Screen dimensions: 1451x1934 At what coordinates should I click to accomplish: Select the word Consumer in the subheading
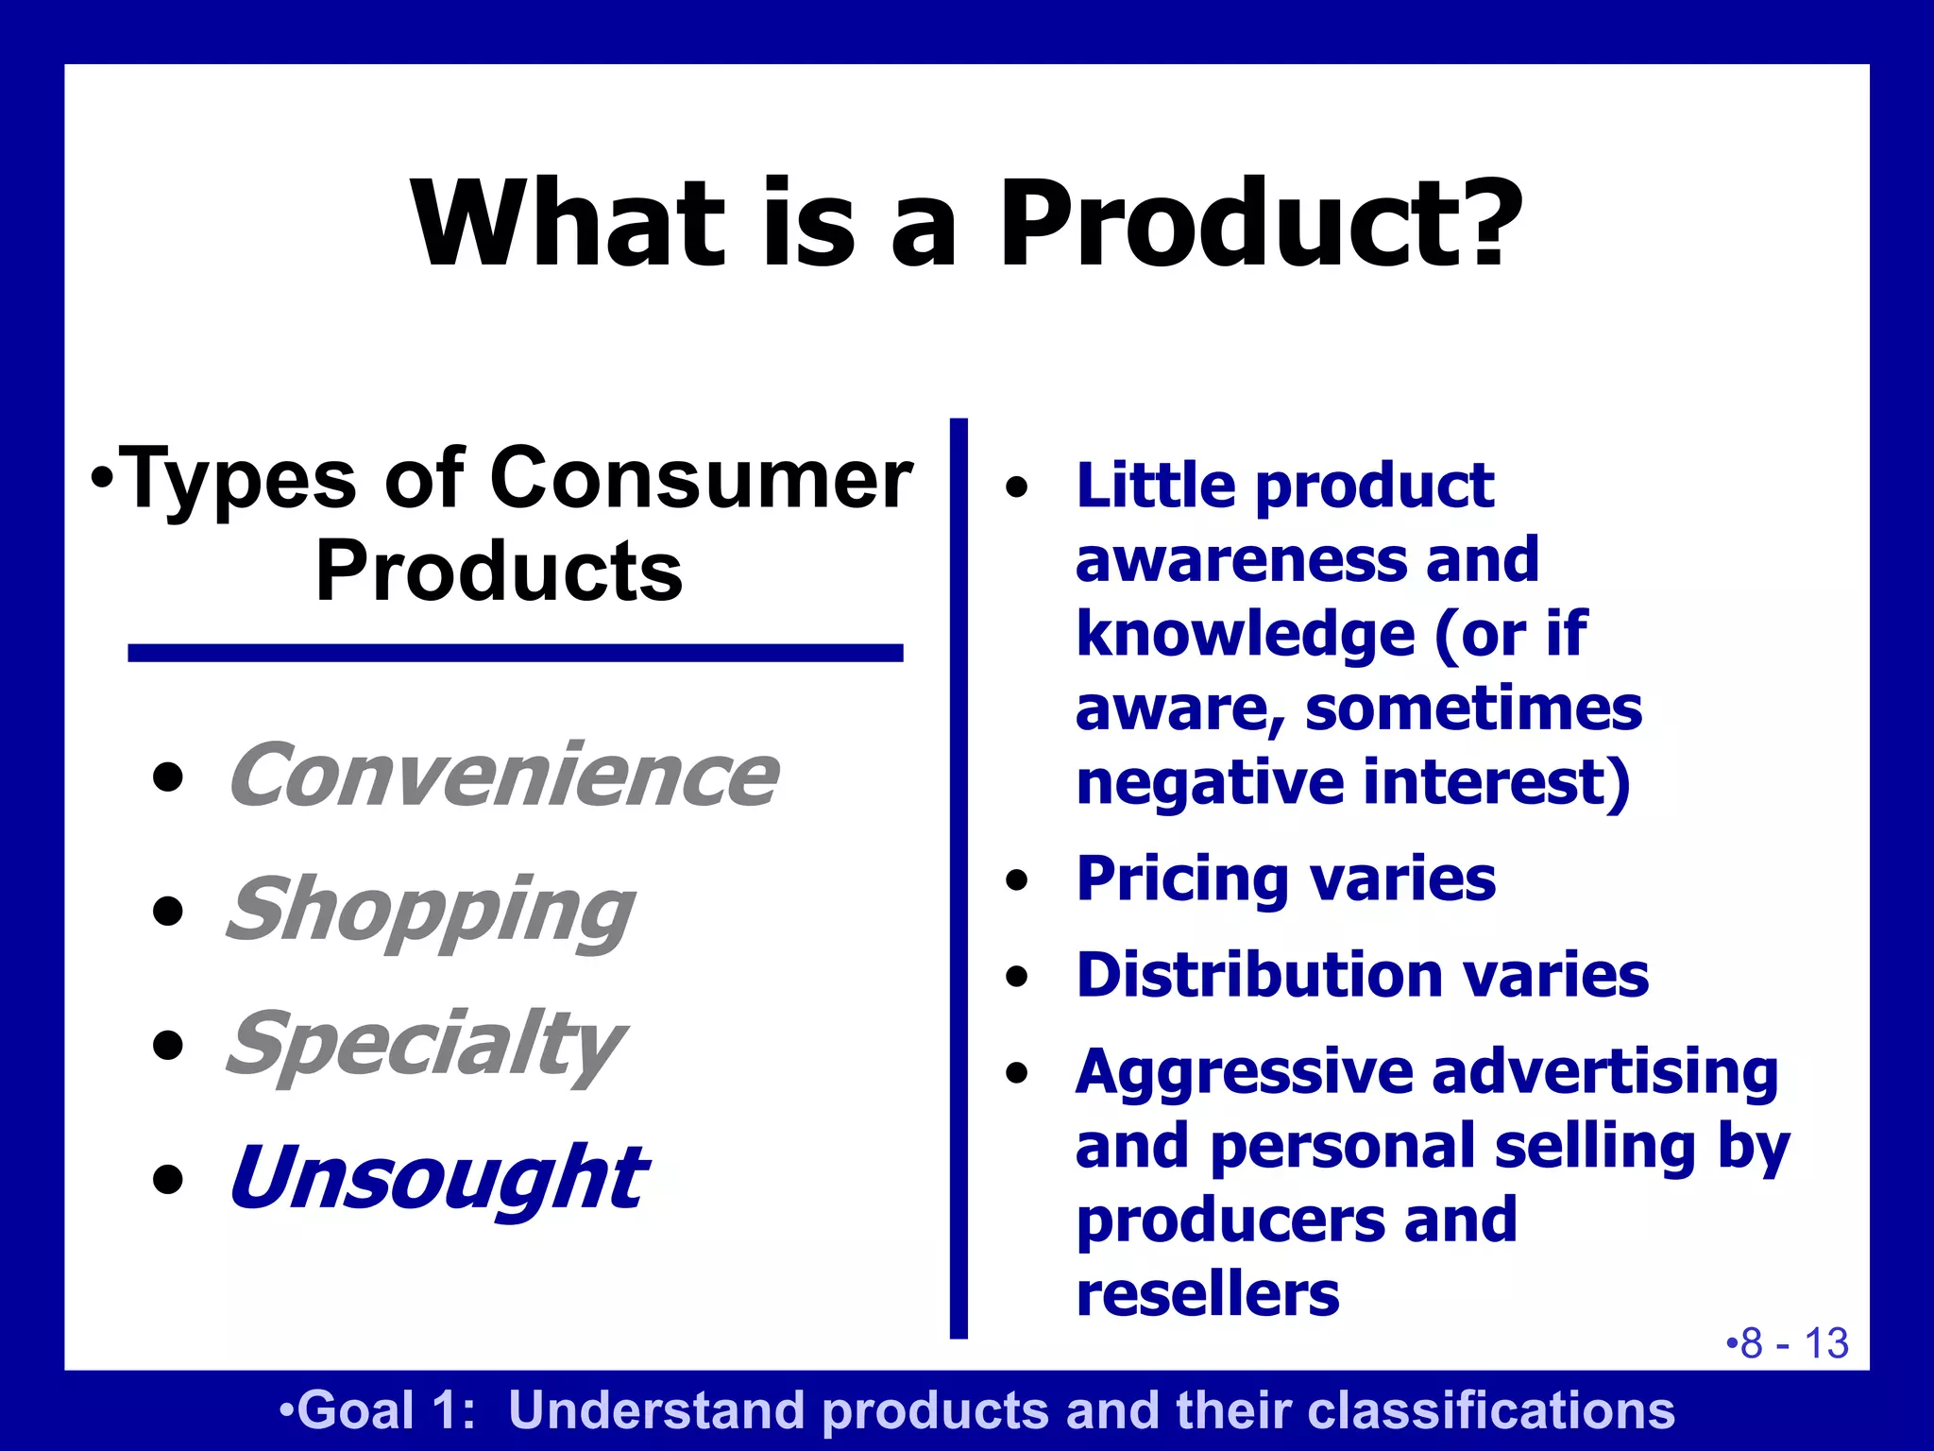(701, 480)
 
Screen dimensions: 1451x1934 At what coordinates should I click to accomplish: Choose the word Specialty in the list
(425, 1045)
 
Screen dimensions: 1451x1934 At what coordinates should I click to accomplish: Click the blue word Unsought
(437, 1178)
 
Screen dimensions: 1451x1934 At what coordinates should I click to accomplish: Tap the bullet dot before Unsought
(168, 1180)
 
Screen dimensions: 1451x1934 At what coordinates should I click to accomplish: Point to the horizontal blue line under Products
(515, 653)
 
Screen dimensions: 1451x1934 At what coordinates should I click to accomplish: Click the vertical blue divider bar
(959, 879)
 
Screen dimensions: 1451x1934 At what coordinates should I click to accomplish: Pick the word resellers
(1207, 1294)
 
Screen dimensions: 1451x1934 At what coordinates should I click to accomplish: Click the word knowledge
(1245, 634)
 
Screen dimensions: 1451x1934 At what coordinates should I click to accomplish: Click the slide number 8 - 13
(1787, 1343)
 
